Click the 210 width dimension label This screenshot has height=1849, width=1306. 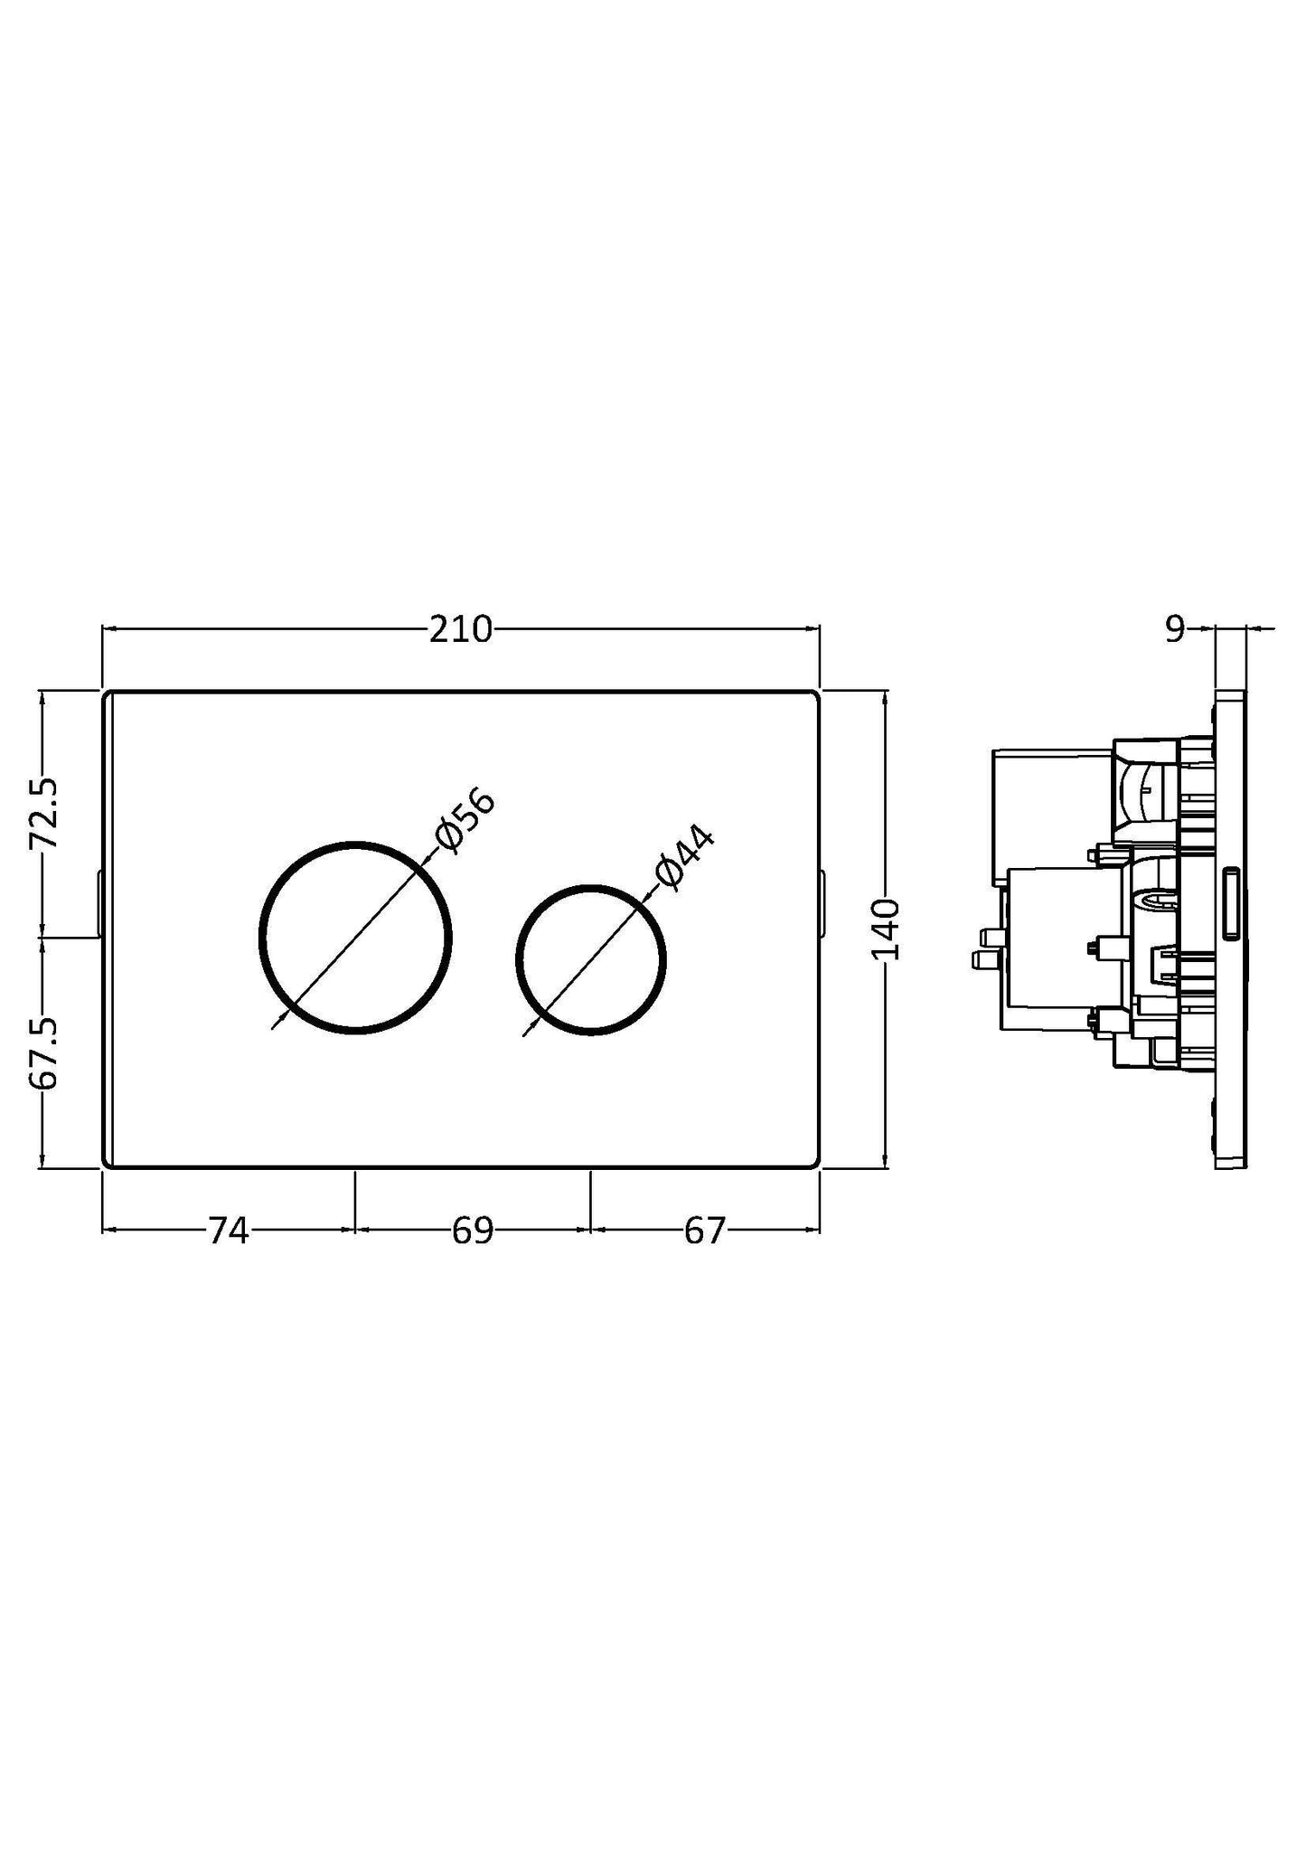coord(461,629)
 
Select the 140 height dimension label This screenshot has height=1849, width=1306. coord(886,929)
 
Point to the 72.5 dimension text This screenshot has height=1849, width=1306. coord(43,813)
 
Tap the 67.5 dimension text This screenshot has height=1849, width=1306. coord(43,1052)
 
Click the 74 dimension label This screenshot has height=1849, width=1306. coord(229,1231)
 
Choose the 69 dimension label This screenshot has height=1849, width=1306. coord(473,1231)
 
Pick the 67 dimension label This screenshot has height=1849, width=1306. coord(705,1231)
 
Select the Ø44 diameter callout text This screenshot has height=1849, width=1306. coord(684,858)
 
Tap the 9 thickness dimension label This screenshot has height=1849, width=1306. coord(1173,629)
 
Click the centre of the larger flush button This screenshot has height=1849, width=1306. coord(355,938)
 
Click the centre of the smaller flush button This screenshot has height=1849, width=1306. coord(591,959)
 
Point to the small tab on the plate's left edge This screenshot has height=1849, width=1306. coord(99,904)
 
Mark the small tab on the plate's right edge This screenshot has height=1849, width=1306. coord(822,904)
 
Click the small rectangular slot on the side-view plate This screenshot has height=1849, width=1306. coord(1231,904)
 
